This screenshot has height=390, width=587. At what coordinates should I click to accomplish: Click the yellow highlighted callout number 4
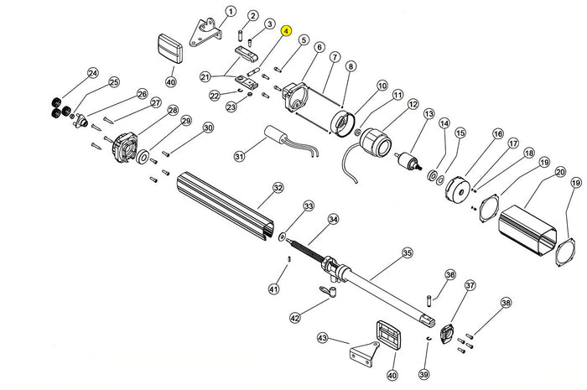click(x=286, y=31)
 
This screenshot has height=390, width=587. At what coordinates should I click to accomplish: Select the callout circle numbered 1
click(x=231, y=12)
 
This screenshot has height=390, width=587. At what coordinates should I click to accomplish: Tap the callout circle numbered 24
click(x=92, y=73)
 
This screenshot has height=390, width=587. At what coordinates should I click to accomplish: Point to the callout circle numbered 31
click(x=239, y=156)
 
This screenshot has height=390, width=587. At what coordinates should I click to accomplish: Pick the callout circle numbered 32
click(x=278, y=189)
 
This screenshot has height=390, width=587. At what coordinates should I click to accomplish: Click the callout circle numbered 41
click(x=273, y=289)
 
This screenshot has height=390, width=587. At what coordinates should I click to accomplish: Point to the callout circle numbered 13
click(x=429, y=114)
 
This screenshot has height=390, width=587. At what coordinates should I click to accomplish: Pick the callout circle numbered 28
click(x=173, y=111)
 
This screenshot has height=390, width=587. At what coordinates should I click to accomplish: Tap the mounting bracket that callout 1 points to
click(x=204, y=33)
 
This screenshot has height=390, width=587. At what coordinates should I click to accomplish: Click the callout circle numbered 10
click(x=382, y=86)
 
